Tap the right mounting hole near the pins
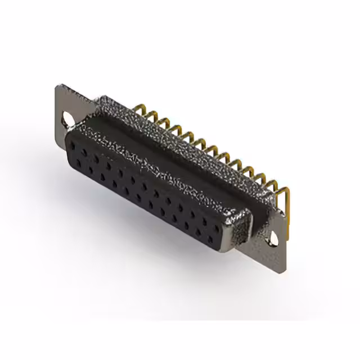point(272,238)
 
